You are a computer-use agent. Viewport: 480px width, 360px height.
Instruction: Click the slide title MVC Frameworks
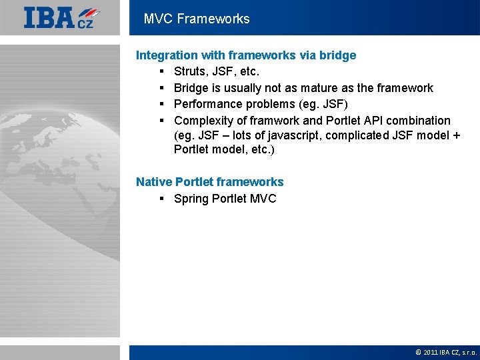pyautogui.click(x=197, y=19)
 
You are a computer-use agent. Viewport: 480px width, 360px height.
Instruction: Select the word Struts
pyautogui.click(x=189, y=71)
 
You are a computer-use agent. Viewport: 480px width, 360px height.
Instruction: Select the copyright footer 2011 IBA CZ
pyautogui.click(x=446, y=352)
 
